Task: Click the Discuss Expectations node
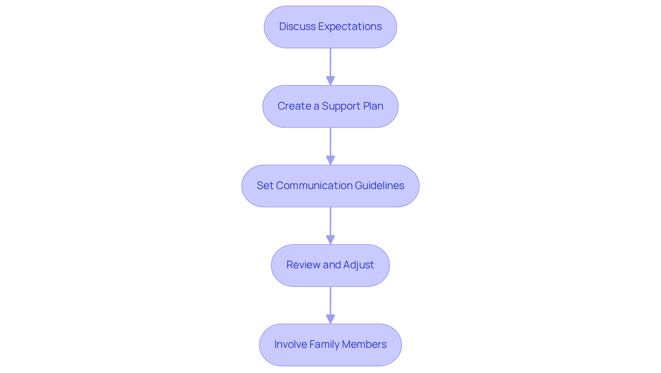[x=330, y=27]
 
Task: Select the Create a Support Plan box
[x=330, y=106]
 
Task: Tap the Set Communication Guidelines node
[x=330, y=186]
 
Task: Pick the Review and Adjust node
[x=330, y=266]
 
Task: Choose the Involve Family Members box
[x=330, y=345]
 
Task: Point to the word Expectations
[x=350, y=27]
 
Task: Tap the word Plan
[x=373, y=106]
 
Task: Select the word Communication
[x=314, y=186]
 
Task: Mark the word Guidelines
[x=379, y=186]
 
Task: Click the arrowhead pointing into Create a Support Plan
[x=330, y=81]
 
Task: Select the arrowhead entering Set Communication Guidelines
[x=330, y=160]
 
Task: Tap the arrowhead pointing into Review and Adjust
[x=330, y=240]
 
